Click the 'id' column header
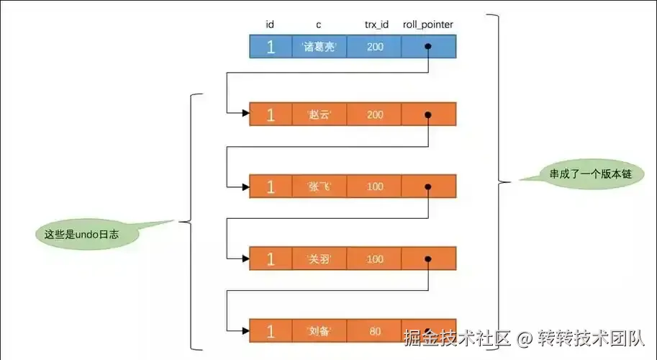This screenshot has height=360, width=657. [x=270, y=25]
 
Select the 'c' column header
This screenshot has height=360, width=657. [x=319, y=25]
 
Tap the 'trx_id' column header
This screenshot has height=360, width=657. [x=376, y=25]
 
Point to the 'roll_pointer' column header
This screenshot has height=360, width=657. [x=427, y=25]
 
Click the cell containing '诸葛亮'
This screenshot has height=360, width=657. [x=319, y=48]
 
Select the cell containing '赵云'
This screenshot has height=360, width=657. [x=319, y=115]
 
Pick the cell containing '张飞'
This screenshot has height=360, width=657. [x=319, y=186]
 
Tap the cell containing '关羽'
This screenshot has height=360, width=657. [x=319, y=259]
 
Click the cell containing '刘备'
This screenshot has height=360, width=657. [x=319, y=330]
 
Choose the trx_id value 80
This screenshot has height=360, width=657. [x=374, y=330]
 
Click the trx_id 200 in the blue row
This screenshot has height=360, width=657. [x=374, y=48]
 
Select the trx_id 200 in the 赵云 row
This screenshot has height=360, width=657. [x=374, y=115]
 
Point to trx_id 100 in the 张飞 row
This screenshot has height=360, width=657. [x=374, y=186]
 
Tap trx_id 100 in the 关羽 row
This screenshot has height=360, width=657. [x=374, y=259]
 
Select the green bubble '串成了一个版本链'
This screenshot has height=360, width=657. [x=579, y=175]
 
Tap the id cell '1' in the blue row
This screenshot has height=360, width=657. [x=271, y=48]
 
